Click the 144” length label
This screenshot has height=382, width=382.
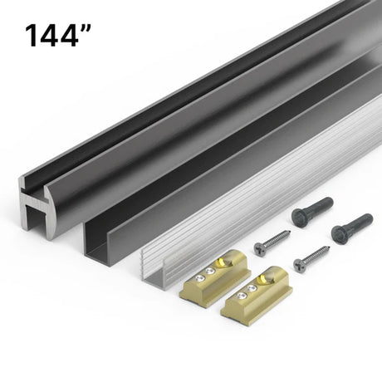click(57, 36)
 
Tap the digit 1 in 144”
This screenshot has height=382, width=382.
click(32, 36)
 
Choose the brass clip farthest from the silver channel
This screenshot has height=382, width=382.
click(257, 295)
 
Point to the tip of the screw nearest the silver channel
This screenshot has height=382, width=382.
click(290, 231)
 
